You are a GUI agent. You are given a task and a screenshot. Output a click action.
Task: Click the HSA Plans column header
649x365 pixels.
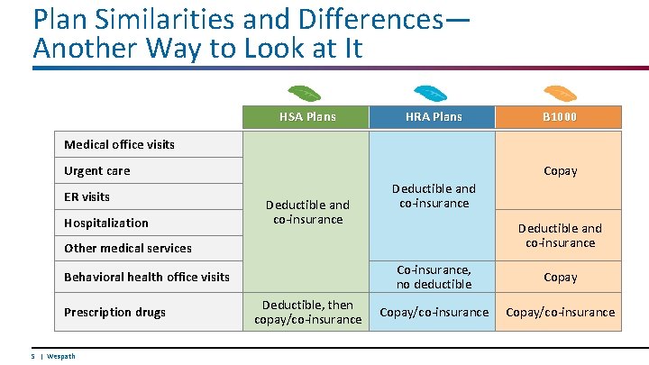[306, 116]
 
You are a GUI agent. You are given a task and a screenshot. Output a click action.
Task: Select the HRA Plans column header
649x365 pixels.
[434, 116]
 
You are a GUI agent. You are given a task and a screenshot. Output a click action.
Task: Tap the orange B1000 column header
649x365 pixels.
[560, 116]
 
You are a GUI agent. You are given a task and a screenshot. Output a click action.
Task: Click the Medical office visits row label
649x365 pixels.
[119, 144]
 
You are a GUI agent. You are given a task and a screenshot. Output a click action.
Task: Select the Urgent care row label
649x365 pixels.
[96, 170]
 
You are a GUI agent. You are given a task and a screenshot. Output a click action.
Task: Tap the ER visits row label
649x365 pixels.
[87, 196]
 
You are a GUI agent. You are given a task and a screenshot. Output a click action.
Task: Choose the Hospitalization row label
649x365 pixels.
[105, 223]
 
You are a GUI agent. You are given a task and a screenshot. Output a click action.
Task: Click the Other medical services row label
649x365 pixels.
[127, 248]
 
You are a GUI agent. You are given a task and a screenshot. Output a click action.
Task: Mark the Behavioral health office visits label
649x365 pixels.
[146, 277]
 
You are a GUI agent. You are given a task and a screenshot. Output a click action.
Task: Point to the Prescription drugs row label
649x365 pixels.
[114, 312]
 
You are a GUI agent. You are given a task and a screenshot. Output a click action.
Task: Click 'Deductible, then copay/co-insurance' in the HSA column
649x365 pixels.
[307, 312]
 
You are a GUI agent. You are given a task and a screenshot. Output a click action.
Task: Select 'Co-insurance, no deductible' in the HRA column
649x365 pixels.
[434, 277]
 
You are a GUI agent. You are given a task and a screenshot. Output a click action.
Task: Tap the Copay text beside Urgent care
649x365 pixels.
[560, 170]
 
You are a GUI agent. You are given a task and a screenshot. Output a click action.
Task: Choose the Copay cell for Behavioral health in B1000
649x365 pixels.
[560, 277]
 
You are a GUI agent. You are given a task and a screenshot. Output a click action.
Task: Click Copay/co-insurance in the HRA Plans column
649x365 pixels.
[434, 312]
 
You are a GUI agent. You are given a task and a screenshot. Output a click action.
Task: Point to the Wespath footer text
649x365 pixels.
[60, 356]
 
